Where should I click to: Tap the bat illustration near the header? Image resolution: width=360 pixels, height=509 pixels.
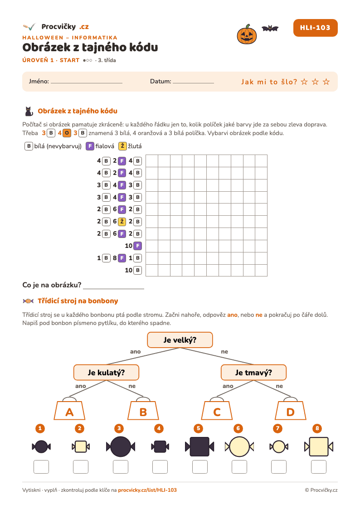click(270, 29)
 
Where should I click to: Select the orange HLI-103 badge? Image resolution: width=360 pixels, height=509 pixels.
click(315, 28)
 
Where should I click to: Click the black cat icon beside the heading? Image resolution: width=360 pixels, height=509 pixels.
click(29, 111)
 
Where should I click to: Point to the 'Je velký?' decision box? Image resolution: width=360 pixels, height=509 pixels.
click(180, 340)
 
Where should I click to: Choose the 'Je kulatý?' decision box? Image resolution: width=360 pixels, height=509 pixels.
click(106, 372)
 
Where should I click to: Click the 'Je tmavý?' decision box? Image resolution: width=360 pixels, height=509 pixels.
click(253, 372)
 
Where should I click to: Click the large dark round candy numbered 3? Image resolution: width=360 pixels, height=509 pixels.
click(121, 447)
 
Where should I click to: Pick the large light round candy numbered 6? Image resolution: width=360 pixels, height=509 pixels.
click(239, 447)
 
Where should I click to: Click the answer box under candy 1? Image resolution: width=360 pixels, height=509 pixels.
click(41, 467)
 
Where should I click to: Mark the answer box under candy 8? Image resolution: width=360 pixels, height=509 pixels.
click(319, 467)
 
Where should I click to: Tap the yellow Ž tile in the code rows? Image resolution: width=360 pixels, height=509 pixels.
click(122, 221)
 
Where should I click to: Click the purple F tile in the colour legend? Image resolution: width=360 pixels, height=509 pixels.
click(90, 146)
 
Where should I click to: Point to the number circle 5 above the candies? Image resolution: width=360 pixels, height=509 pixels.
click(198, 428)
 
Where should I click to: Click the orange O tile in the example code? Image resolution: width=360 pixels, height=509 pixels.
click(67, 133)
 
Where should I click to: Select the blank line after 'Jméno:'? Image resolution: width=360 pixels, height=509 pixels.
click(87, 83)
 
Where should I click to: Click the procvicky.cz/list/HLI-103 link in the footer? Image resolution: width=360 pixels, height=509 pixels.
click(147, 490)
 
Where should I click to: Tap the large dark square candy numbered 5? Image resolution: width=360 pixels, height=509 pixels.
click(199, 447)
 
